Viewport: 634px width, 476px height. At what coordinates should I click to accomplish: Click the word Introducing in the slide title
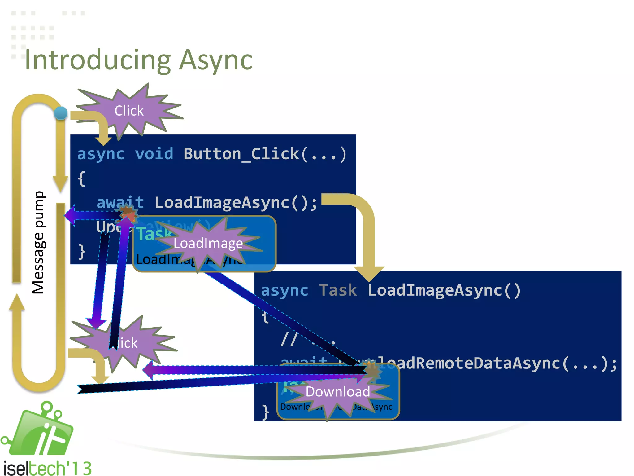click(x=98, y=60)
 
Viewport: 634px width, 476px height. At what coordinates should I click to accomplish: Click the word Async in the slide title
click(x=216, y=60)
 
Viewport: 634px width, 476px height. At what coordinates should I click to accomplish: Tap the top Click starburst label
click(x=129, y=111)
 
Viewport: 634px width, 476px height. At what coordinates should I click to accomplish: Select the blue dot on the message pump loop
click(x=61, y=113)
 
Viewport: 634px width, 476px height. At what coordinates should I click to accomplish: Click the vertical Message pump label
click(x=39, y=242)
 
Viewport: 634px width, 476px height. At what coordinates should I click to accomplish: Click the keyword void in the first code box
click(x=154, y=154)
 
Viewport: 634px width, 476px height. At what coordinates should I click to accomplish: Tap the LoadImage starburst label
click(x=208, y=244)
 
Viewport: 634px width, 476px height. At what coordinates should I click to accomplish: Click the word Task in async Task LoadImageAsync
click(x=338, y=290)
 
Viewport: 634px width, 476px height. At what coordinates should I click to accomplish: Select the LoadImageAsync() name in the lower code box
click(x=444, y=290)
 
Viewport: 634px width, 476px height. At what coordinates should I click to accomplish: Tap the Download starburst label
click(x=337, y=392)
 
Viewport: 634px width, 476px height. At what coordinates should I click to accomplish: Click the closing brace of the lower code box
click(x=265, y=412)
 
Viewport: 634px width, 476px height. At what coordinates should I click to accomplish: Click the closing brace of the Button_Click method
click(x=81, y=252)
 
